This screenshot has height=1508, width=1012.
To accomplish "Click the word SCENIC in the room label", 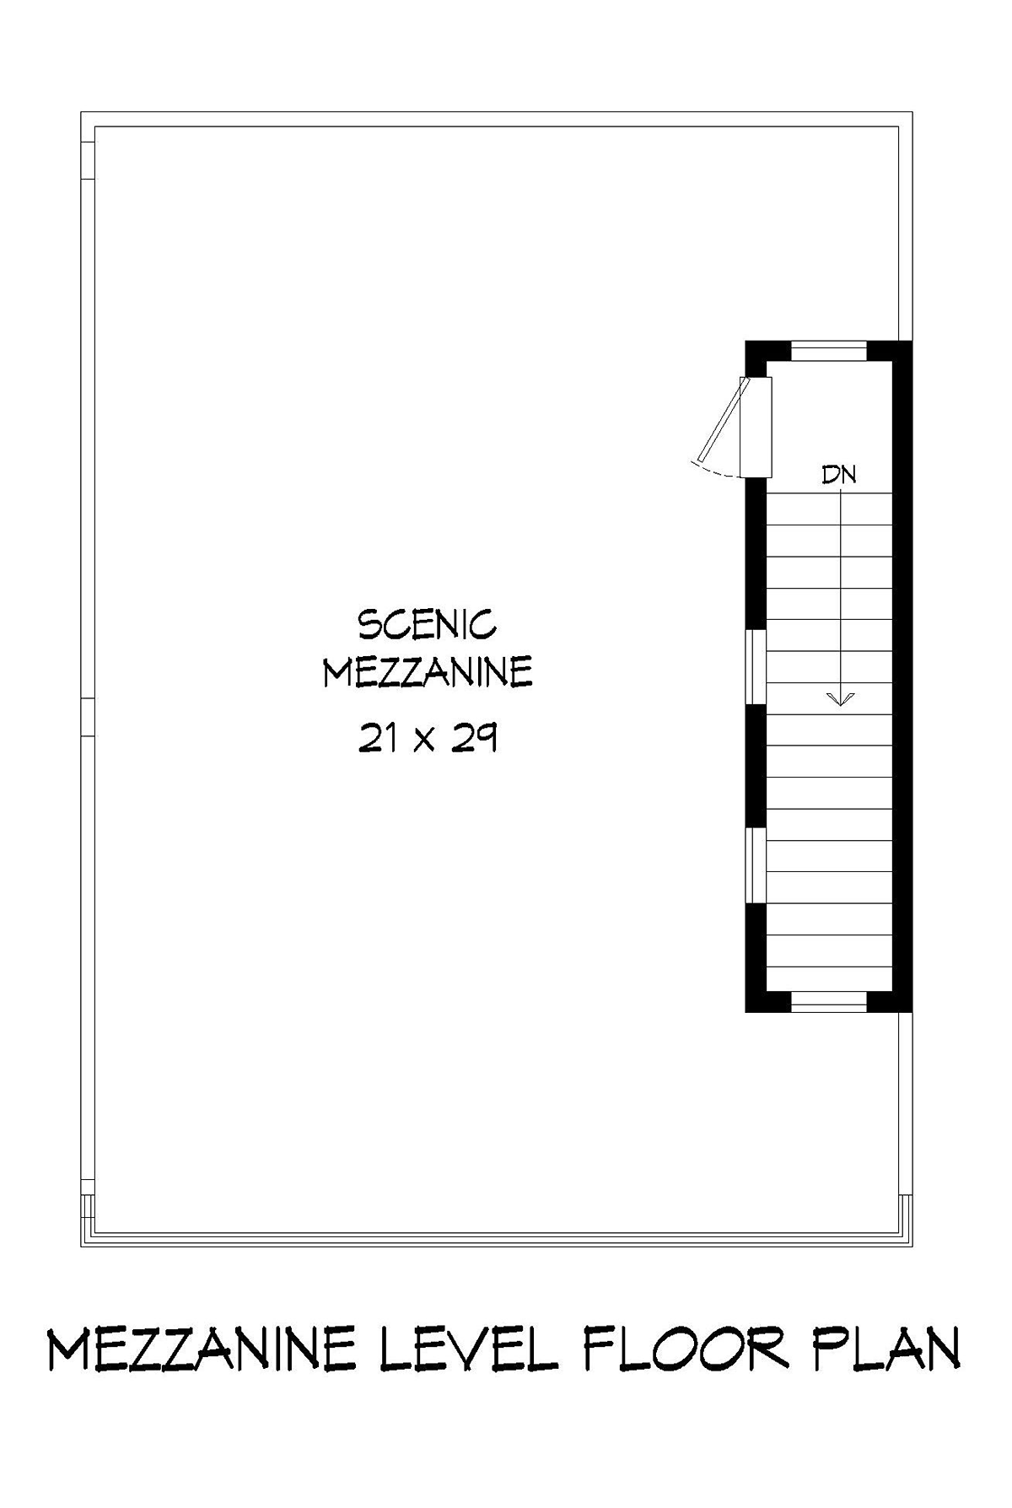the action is click(428, 626).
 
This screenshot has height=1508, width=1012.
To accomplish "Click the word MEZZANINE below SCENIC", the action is click(428, 673).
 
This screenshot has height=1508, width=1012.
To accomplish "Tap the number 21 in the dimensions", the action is click(376, 739).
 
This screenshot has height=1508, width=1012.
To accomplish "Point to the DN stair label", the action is click(839, 475).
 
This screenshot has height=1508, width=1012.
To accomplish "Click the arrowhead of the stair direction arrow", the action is click(841, 697).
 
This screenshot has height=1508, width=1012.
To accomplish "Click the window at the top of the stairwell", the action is click(830, 350).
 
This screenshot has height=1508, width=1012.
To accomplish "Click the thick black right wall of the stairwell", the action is click(902, 676).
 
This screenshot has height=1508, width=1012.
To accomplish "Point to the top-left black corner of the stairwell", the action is click(756, 350).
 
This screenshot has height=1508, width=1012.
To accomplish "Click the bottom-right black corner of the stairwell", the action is click(902, 1001).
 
